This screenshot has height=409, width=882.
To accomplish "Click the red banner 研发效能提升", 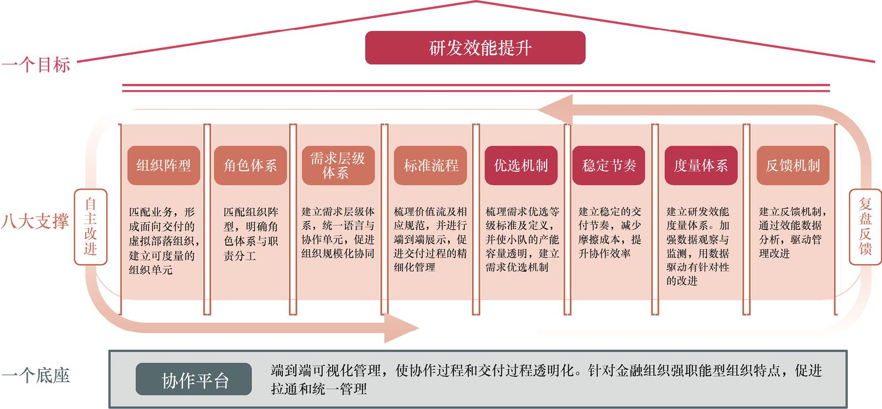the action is pyautogui.click(x=475, y=48).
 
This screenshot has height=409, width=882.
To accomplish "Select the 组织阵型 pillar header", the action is pyautogui.click(x=164, y=165).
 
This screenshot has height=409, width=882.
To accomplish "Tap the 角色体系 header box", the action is pyautogui.click(x=250, y=165).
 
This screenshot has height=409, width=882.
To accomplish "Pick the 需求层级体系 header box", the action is pyautogui.click(x=338, y=165).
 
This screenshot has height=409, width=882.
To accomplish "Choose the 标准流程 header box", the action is pyautogui.click(x=431, y=165).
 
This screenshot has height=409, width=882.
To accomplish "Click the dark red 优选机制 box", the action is pyautogui.click(x=521, y=165).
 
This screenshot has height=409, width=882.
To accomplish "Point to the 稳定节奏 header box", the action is pyautogui.click(x=609, y=165).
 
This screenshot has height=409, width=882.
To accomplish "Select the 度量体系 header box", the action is pyautogui.click(x=701, y=165).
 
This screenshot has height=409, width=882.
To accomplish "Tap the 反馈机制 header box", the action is pyautogui.click(x=793, y=165).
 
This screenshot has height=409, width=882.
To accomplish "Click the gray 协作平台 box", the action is pyautogui.click(x=194, y=379).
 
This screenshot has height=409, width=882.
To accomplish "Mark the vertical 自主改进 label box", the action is pyautogui.click(x=91, y=227).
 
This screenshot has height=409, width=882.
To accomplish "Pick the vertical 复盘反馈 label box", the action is pyautogui.click(x=865, y=227).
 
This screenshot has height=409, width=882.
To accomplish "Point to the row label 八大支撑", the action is pyautogui.click(x=35, y=221).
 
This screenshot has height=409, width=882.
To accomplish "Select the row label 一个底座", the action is pyautogui.click(x=35, y=375).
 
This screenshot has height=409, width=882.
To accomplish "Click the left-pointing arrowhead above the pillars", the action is pyautogui.click(x=555, y=110).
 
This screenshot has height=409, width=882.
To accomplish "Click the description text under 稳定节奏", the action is pyautogui.click(x=610, y=233).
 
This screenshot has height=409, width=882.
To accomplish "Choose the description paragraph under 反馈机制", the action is pyautogui.click(x=792, y=233).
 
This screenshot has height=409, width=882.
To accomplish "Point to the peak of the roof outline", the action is pyautogui.click(x=476, y=1).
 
